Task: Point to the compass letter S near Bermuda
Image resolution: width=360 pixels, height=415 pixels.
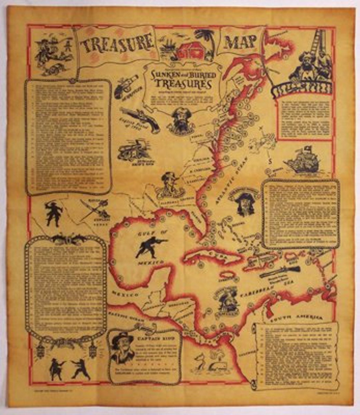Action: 271,162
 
